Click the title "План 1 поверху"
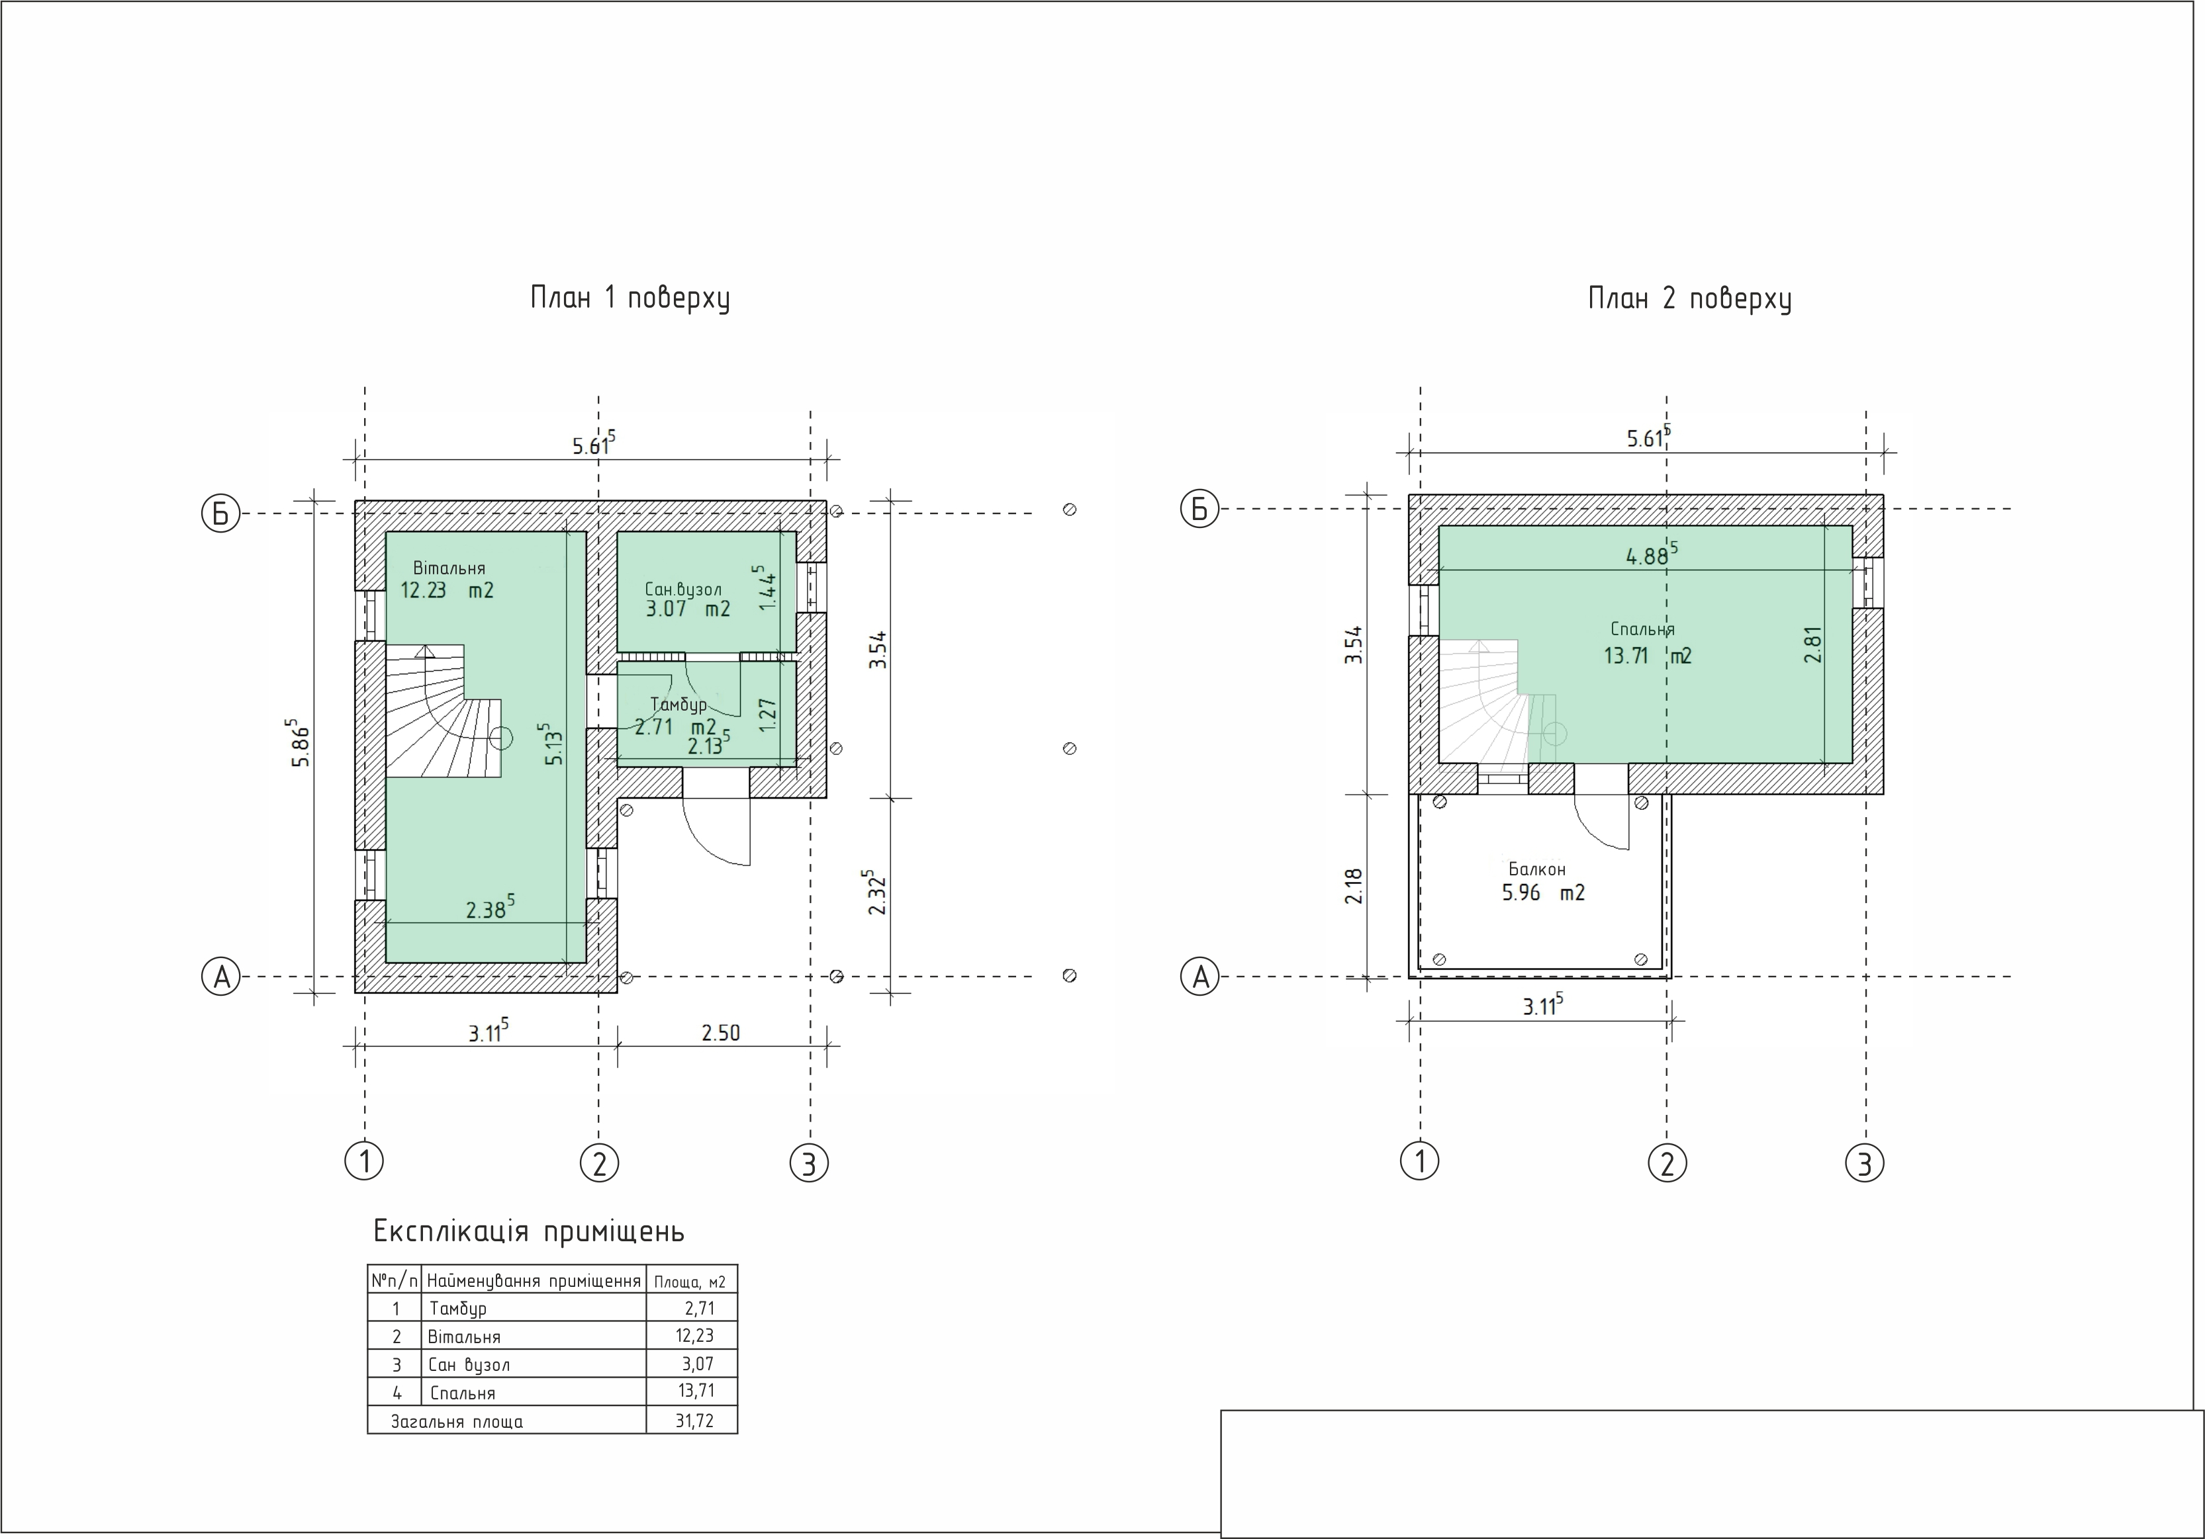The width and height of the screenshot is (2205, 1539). [630, 298]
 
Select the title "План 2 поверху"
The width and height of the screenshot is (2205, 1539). [1689, 298]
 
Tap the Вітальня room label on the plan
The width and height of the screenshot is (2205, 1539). [449, 568]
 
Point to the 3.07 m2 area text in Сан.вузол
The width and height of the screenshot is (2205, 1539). [688, 609]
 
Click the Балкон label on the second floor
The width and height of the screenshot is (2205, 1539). [1536, 869]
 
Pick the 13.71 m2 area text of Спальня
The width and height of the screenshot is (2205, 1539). [1647, 656]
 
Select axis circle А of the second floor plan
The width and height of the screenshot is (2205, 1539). [1199, 977]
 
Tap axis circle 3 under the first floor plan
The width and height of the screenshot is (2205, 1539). [809, 1163]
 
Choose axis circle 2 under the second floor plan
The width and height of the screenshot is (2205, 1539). [1667, 1163]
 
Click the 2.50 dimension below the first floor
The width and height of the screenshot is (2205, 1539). [720, 1033]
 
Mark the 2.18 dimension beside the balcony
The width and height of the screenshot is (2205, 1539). [1354, 885]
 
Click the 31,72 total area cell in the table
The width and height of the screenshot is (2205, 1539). [694, 1420]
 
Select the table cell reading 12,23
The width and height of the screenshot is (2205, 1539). [694, 1335]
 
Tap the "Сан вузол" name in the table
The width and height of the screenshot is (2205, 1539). [469, 1364]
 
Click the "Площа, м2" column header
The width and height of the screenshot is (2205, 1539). [690, 1282]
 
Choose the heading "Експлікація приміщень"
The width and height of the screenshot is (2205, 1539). [528, 1231]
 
